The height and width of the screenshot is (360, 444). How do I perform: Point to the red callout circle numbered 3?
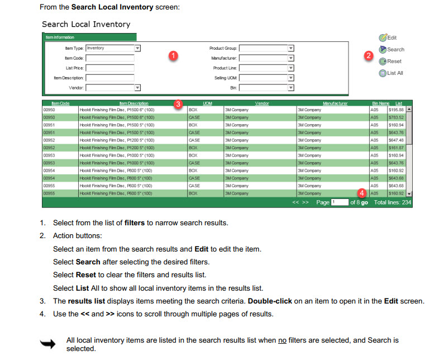click(178, 103)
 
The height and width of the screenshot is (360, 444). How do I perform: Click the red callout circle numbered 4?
click(362, 192)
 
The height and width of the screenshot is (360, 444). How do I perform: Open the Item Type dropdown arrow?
click(137, 49)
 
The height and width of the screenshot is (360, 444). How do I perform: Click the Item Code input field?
click(110, 58)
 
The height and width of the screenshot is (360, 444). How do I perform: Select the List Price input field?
click(110, 68)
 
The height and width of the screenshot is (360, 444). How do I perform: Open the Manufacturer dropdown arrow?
click(290, 58)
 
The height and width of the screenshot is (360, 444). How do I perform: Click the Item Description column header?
click(134, 103)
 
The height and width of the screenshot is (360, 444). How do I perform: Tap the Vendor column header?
click(262, 103)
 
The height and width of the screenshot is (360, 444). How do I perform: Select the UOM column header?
click(208, 103)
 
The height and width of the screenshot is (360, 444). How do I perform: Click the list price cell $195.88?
click(396, 110)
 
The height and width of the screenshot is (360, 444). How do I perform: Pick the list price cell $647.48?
click(396, 140)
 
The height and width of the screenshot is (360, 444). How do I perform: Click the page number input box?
click(340, 202)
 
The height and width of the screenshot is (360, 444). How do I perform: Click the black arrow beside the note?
click(49, 344)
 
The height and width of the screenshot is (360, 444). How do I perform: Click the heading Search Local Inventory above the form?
click(86, 24)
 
